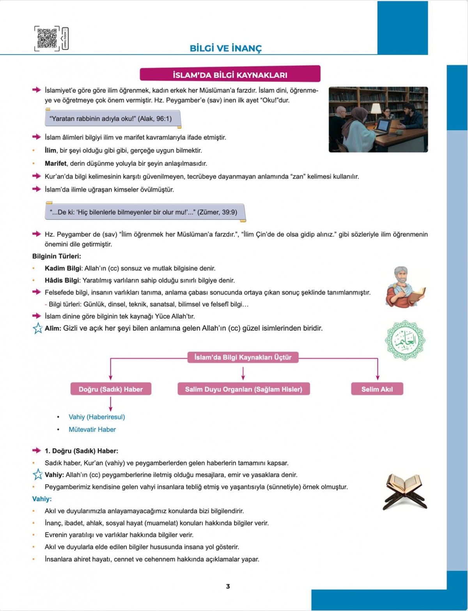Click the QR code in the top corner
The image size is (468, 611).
pos(48,38)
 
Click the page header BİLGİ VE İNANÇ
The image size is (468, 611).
pos(226,48)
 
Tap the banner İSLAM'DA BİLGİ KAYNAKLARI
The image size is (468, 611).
pos(230,74)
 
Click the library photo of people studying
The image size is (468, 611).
pos(378,119)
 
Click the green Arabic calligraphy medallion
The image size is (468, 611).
pos(405,340)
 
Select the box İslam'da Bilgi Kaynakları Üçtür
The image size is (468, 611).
pos(243,357)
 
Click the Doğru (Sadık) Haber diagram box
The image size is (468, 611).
pos(111,389)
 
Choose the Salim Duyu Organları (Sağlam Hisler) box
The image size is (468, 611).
pos(243,389)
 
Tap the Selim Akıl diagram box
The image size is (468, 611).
pos(377,389)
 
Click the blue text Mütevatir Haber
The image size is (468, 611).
pos(92,429)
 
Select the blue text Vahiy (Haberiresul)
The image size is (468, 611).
pos(97,417)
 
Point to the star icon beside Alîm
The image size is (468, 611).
pos(37,329)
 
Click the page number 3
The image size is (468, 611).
pos(228,586)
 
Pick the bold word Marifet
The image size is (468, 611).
pos(55,163)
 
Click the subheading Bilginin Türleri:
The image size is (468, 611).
pos(57,256)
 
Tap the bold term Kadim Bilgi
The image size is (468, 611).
pos(63,268)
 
